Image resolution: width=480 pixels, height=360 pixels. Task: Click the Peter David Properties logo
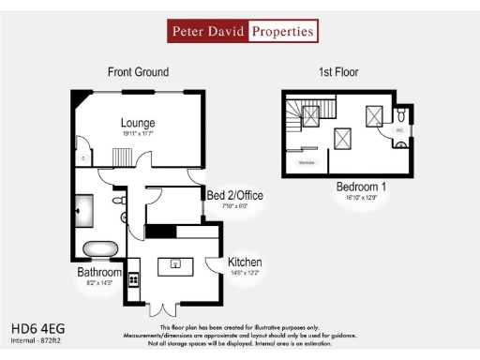point(242,31)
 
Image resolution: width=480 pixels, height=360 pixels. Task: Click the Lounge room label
point(137,123)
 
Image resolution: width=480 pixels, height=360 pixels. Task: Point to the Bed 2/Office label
point(234,195)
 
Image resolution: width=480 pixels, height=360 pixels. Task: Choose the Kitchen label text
point(244,262)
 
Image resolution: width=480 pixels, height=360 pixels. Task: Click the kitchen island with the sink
point(174,265)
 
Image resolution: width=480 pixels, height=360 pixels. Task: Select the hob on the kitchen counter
point(134,278)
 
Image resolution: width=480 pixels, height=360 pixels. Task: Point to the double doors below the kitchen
point(164,307)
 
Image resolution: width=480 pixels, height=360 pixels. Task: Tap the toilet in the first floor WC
point(399,117)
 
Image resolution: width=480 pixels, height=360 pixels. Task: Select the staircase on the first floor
point(305,117)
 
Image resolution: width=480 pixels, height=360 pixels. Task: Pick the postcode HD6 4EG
point(37,329)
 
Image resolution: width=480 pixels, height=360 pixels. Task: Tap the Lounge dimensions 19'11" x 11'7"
point(137,135)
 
